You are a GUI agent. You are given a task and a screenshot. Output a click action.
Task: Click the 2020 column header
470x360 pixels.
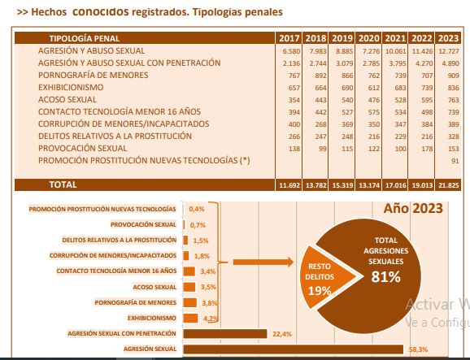pyautogui.click(x=368, y=38)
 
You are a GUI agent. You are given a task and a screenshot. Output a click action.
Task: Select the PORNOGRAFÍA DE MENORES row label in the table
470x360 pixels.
pyautogui.click(x=93, y=75)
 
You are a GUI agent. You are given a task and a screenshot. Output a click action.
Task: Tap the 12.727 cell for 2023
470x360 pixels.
pyautogui.click(x=449, y=51)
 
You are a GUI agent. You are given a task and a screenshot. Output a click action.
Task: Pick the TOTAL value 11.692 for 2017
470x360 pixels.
pyautogui.click(x=289, y=185)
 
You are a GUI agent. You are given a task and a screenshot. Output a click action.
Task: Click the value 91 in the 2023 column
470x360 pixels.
pyautogui.click(x=455, y=161)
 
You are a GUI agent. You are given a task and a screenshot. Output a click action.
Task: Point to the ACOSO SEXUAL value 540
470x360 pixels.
pyautogui.click(x=347, y=100)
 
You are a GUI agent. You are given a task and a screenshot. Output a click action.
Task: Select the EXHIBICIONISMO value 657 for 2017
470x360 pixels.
pyautogui.click(x=294, y=88)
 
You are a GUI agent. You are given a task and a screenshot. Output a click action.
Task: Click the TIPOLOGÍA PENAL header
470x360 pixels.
pyautogui.click(x=85, y=38)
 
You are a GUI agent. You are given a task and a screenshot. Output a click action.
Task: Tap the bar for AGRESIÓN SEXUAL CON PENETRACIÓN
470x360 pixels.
pyautogui.click(x=225, y=334)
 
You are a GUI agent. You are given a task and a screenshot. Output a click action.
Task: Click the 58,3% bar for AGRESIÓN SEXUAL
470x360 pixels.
pyautogui.click(x=294, y=349)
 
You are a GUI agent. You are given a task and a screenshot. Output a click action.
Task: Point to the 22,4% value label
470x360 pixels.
pyautogui.click(x=282, y=334)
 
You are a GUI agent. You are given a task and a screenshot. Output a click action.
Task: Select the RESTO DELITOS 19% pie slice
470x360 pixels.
pyautogui.click(x=325, y=277)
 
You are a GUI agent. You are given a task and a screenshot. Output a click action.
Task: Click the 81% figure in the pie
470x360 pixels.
pyautogui.click(x=385, y=276)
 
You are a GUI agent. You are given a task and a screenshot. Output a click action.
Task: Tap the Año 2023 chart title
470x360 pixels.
pyautogui.click(x=413, y=208)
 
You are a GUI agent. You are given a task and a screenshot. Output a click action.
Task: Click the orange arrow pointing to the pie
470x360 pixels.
pyautogui.click(x=263, y=262)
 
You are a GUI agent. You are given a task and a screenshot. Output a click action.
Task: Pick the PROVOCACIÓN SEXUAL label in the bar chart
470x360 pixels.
pyautogui.click(x=143, y=224)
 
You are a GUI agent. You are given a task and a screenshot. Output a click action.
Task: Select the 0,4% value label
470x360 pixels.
pyautogui.click(x=197, y=209)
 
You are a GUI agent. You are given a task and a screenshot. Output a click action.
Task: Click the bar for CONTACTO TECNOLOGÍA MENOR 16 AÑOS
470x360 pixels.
pyautogui.click(x=189, y=271)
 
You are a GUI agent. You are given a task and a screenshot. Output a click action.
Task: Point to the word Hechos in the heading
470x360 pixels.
pyautogui.click(x=49, y=12)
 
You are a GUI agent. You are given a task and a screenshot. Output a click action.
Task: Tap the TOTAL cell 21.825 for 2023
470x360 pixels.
pyautogui.click(x=449, y=185)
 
